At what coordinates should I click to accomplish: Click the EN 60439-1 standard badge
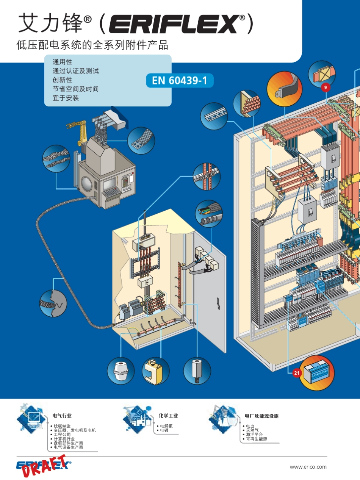(x=180, y=80)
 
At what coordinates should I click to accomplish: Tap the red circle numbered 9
(x=326, y=88)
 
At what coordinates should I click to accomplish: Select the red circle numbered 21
(x=297, y=373)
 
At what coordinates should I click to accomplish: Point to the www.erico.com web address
(x=308, y=467)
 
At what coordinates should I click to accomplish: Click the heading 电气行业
(x=62, y=416)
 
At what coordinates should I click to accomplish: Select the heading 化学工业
(x=168, y=416)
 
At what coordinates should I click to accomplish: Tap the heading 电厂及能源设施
(x=261, y=416)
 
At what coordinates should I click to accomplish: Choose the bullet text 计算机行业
(x=64, y=439)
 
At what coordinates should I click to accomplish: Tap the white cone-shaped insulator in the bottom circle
(x=121, y=371)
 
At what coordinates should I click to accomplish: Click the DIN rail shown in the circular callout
(x=214, y=116)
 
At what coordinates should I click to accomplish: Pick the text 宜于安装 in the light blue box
(x=66, y=98)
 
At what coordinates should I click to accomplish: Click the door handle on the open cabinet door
(x=218, y=304)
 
